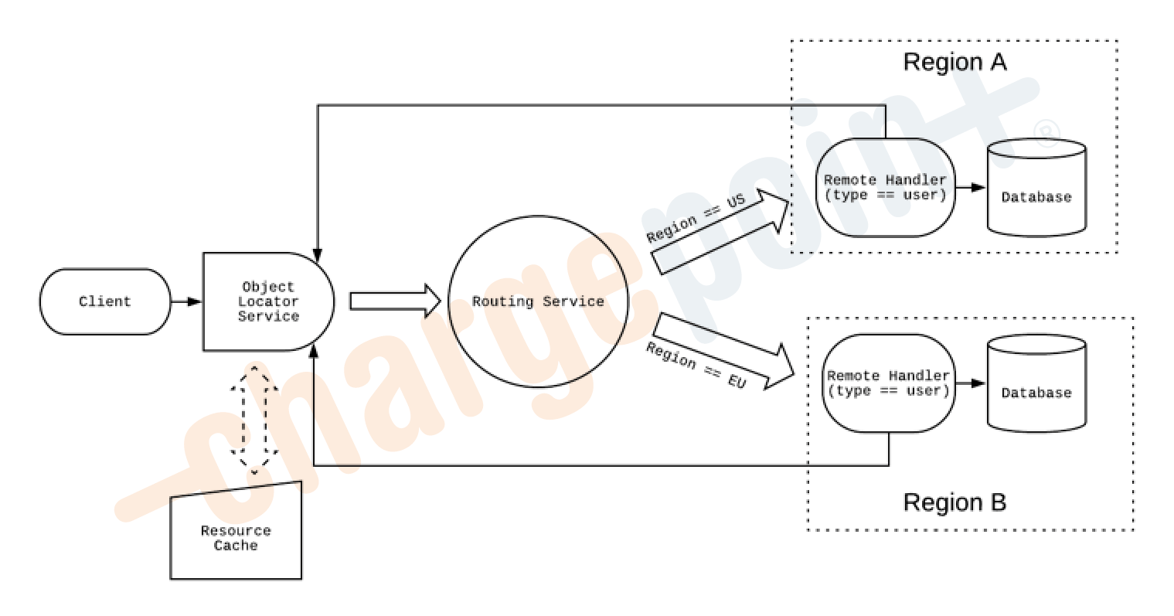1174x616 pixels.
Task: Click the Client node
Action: click(105, 301)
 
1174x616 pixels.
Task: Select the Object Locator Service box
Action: click(267, 301)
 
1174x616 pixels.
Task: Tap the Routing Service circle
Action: click(538, 301)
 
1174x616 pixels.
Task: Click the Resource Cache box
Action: click(236, 537)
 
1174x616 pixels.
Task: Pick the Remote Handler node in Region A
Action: click(885, 188)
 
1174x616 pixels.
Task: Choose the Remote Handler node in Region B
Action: click(887, 383)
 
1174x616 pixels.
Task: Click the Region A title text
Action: click(955, 63)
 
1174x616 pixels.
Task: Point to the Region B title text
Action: click(955, 503)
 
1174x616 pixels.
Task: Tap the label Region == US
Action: click(695, 219)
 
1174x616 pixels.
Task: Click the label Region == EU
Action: click(695, 365)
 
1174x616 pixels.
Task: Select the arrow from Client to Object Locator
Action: click(186, 301)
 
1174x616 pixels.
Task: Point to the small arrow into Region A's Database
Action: click(972, 188)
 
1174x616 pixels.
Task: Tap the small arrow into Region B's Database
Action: click(972, 383)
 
